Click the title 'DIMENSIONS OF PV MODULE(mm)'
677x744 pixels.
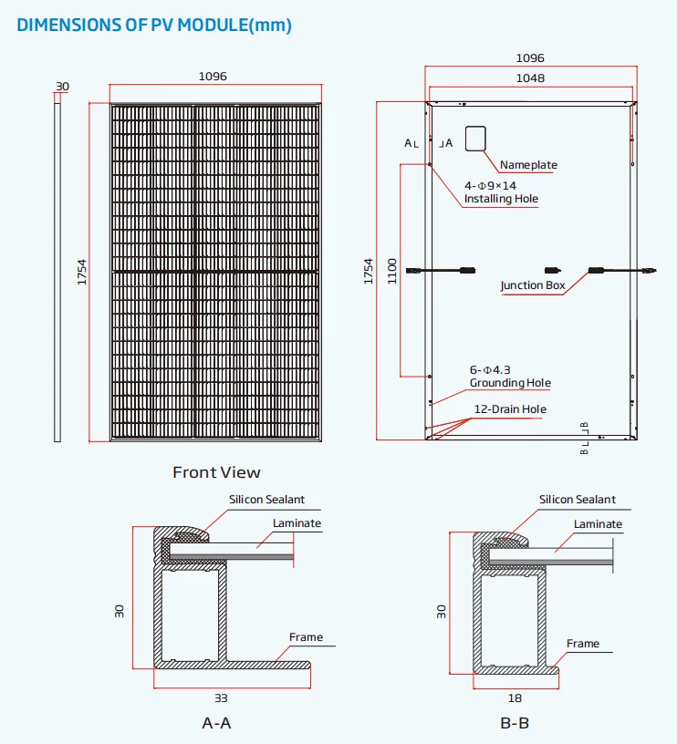[x=154, y=26]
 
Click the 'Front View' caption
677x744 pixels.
[x=216, y=472]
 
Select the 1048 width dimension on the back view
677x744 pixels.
[x=529, y=78]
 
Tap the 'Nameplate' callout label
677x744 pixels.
[x=528, y=165]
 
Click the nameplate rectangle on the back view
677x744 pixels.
[x=475, y=138]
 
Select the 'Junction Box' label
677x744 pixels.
[x=533, y=285]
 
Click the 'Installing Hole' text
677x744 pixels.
[x=501, y=199]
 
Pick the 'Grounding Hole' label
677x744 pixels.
[x=510, y=383]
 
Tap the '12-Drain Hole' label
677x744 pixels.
[x=510, y=409]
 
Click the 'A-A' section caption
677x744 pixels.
[x=216, y=723]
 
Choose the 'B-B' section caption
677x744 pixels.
[x=515, y=723]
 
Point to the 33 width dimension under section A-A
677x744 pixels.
[x=221, y=698]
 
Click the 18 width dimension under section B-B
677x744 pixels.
[x=515, y=698]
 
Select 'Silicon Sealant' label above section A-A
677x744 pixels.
[x=266, y=501]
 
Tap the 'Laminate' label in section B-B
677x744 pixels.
[x=598, y=524]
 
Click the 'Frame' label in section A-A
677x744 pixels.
[x=306, y=637]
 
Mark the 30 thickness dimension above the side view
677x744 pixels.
[x=62, y=87]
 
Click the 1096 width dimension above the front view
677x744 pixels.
[x=213, y=77]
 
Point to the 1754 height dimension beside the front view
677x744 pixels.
[x=81, y=273]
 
